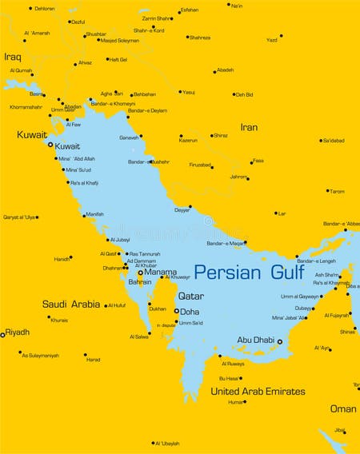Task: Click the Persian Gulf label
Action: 249,272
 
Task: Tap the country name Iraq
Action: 12,57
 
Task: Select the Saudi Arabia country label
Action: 71,305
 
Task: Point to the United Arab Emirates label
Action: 258,392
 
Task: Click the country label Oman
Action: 343,408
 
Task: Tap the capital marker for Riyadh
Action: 2,334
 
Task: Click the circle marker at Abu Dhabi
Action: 279,341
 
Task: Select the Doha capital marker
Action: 176,311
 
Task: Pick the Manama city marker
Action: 141,273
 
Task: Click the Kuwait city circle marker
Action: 50,145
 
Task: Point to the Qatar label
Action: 190,296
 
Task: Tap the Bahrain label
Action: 140,282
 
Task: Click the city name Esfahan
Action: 190,10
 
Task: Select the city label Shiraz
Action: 221,135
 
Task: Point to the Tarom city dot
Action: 327,191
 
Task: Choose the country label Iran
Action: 249,127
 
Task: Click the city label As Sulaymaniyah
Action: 40,355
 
